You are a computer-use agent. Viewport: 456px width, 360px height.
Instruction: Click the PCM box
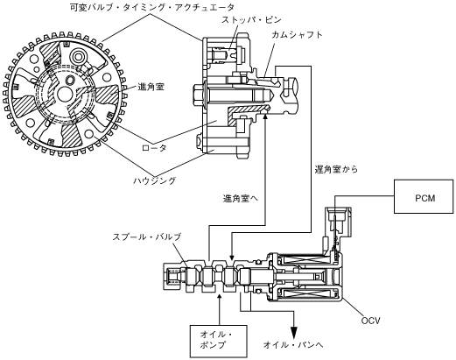click(424, 196)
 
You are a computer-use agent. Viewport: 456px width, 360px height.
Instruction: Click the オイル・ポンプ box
click(219, 342)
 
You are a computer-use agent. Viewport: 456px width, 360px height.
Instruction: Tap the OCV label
click(370, 321)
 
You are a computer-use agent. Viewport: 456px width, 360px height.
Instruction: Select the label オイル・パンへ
click(293, 345)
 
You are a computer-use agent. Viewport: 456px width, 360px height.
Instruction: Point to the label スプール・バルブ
click(147, 236)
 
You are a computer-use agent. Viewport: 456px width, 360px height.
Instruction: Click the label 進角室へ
click(241, 199)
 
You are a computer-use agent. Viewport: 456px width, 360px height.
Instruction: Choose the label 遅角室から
click(336, 169)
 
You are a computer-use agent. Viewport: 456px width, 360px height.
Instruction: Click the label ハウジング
click(155, 180)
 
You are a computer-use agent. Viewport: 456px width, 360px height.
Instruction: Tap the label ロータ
click(154, 148)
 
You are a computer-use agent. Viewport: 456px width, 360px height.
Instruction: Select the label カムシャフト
click(298, 35)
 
